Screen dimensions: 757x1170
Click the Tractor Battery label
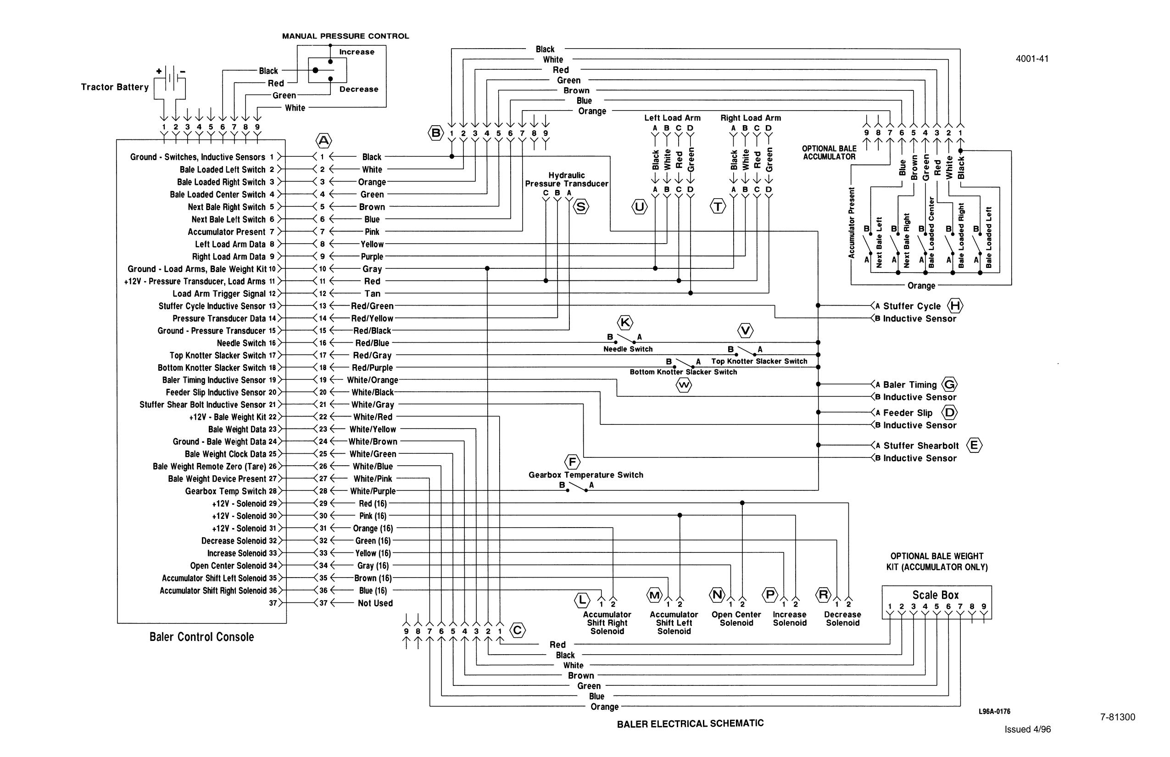115,87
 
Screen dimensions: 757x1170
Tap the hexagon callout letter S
580,207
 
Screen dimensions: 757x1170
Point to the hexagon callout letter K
625,323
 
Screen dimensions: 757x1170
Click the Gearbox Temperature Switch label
585,475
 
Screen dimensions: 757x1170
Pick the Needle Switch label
628,349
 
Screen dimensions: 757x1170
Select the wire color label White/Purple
372,491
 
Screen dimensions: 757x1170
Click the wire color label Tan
372,294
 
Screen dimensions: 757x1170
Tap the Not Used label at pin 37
375,603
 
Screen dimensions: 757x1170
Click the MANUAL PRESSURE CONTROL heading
345,36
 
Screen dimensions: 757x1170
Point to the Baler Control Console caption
201,637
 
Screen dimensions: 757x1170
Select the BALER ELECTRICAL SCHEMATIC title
690,724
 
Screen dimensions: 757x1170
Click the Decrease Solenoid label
842,618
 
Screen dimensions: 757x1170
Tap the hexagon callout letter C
518,630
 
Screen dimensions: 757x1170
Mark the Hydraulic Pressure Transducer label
566,179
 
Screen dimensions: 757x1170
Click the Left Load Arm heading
672,118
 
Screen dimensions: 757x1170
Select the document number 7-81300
1117,717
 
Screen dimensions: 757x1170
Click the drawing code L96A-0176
994,711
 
